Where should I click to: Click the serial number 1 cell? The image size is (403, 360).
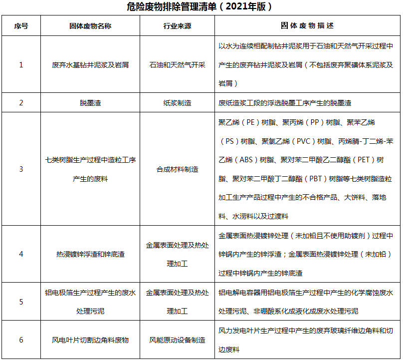pos(21,65)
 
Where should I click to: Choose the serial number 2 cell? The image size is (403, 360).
pos(21,103)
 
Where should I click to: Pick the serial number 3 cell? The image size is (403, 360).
pos(21,169)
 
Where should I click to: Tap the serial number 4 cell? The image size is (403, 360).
pos(21,254)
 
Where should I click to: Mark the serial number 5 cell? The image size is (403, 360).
pos(21,302)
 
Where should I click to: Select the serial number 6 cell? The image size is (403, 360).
pos(21,340)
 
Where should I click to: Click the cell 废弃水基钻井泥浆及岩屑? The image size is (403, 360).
pos(90,65)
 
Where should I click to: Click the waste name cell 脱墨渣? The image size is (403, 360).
pos(90,103)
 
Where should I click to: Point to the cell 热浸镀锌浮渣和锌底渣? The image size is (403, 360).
pos(90,254)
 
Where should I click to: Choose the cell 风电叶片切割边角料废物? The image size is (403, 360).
pos(90,340)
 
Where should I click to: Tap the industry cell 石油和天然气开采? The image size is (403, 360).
pos(177,65)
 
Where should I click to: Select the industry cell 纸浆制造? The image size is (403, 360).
pos(177,103)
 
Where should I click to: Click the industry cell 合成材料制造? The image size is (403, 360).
pos(177,169)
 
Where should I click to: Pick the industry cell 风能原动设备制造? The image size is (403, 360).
pos(177,340)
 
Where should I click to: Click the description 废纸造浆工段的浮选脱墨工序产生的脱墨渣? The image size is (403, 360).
pos(284,103)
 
